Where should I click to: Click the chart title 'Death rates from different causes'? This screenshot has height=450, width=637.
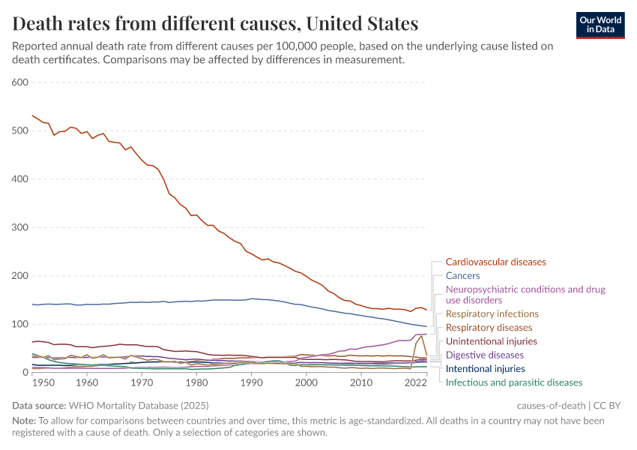click(215, 23)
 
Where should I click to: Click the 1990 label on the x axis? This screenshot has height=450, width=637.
click(252, 382)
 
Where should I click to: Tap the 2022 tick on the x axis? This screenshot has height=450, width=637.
click(415, 382)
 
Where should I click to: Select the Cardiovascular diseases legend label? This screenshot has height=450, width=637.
click(495, 262)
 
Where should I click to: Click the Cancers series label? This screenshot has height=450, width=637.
click(462, 276)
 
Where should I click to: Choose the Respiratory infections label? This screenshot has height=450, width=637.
click(492, 314)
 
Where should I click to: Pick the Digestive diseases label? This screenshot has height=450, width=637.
click(484, 355)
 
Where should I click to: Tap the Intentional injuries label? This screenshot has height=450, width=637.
click(485, 369)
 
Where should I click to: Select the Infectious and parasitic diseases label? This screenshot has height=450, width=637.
click(513, 382)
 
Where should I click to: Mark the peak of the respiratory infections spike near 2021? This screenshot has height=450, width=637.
click(421, 334)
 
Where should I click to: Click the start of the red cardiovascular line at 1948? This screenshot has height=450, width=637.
click(32, 115)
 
